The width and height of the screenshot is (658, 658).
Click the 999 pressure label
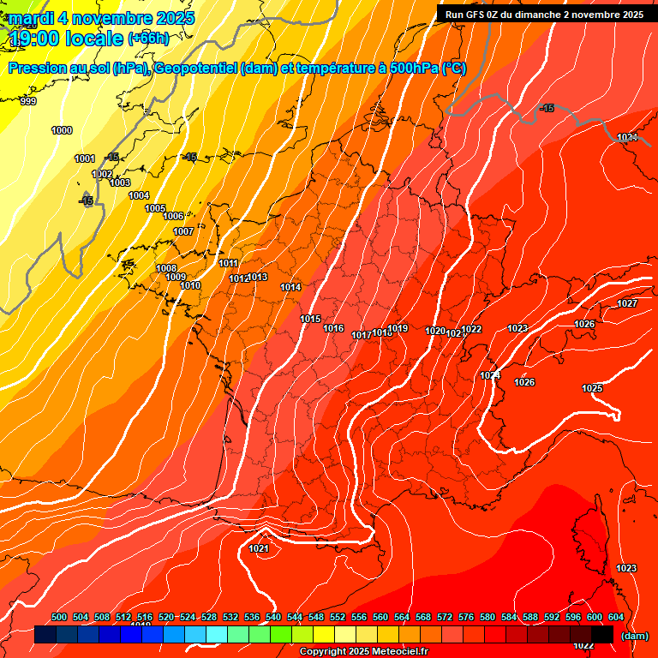click(28, 101)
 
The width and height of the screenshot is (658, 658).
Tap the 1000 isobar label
click(62, 130)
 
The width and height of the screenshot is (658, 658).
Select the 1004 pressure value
click(139, 195)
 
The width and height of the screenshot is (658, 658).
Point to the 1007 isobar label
click(183, 231)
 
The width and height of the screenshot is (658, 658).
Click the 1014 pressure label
click(290, 287)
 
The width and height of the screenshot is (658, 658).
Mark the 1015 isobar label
click(310, 319)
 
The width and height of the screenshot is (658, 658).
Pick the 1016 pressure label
click(333, 328)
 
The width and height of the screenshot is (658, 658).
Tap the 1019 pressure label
click(398, 328)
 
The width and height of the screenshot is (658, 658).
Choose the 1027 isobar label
click(627, 303)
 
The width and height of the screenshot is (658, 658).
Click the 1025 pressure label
click(592, 388)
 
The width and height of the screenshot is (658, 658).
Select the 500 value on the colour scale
click(59, 617)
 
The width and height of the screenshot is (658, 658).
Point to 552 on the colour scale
click(338, 617)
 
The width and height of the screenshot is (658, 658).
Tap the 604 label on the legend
click(615, 617)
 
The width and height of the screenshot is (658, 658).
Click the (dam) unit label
click(634, 636)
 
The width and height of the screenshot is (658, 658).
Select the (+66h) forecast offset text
click(148, 38)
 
